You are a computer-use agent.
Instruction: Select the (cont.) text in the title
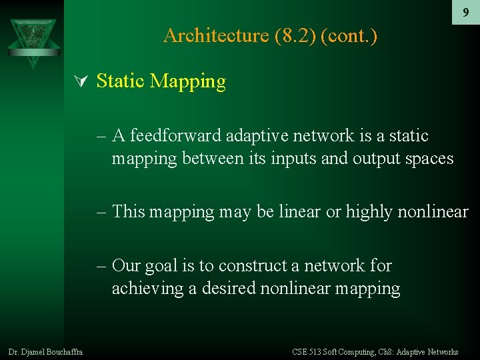point(349,35)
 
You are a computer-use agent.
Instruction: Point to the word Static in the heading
point(121,81)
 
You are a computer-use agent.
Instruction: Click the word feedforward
point(175,136)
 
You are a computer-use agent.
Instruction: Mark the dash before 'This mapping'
point(101,212)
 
